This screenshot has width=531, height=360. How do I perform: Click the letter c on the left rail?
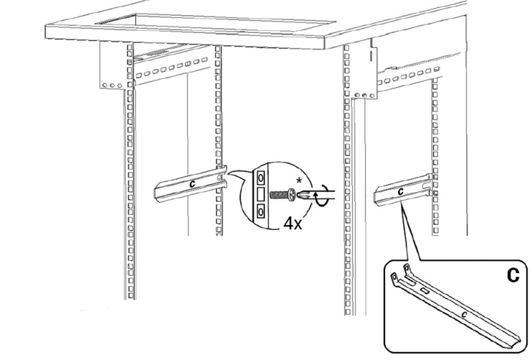193,184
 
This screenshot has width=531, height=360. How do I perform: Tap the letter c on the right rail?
401,191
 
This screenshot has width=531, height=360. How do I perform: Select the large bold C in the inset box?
513,275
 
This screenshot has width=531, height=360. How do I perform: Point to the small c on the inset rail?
465,315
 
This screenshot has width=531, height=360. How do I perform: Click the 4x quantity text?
293,223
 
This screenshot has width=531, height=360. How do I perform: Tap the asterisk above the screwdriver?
299,181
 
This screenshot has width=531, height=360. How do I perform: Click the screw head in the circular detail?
291,195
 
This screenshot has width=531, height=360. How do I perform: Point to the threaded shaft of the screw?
280,195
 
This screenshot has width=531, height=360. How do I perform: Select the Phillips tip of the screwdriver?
300,195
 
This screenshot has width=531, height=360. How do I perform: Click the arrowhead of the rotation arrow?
317,195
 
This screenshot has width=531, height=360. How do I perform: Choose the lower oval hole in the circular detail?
261,212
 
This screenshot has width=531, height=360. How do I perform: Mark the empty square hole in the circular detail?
261,195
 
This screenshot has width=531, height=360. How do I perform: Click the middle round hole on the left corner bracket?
112,86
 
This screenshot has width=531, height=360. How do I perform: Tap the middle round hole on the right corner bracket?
364,96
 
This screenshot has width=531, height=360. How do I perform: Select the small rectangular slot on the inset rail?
425,290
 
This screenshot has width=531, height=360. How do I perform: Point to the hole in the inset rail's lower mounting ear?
395,277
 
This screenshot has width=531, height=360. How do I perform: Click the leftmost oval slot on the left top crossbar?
139,75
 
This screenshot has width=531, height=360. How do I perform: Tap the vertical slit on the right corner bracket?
371,56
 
